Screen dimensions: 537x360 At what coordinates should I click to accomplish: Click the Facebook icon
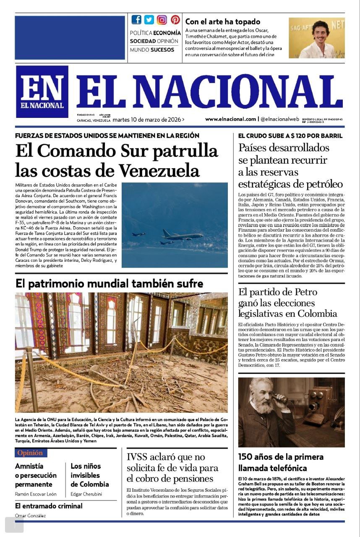tap(136, 19)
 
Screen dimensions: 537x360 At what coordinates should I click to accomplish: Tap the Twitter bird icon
tap(149, 19)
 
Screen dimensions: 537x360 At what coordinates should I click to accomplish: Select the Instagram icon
tap(162, 20)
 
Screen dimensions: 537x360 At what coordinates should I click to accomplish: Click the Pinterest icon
tap(175, 19)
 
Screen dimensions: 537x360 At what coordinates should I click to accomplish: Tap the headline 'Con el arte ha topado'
tap(223, 21)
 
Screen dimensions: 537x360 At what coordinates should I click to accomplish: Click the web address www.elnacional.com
tap(230, 119)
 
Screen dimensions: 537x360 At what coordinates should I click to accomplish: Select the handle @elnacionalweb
tap(279, 119)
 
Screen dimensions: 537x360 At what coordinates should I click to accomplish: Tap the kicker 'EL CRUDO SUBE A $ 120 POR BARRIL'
tap(290, 136)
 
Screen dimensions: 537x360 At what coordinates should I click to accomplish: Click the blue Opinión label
tap(31, 453)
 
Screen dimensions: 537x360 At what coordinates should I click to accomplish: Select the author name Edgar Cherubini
tap(86, 494)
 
